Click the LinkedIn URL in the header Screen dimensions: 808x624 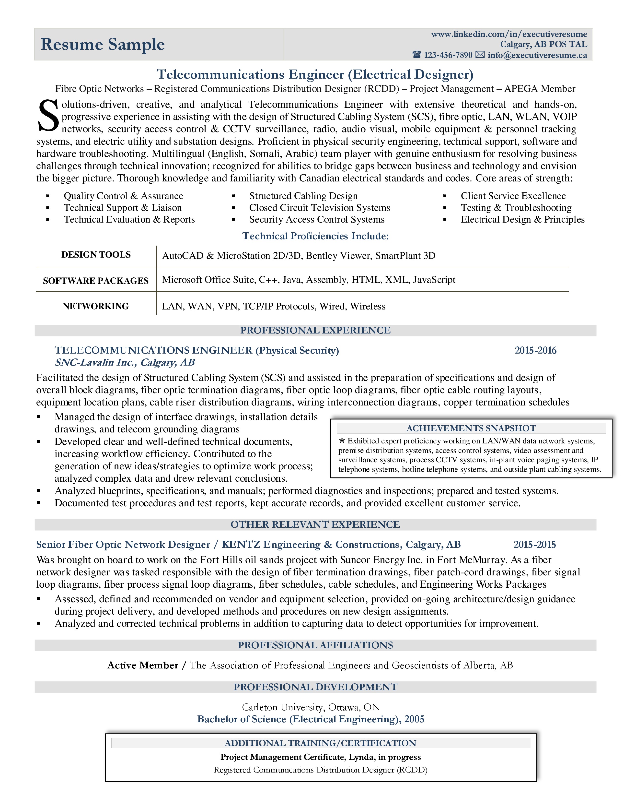point(509,34)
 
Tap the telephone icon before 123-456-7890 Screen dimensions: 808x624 point(417,55)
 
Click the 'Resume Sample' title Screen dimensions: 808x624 point(102,44)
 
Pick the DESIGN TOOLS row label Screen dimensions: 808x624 point(96,255)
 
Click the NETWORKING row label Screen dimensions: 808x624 point(96,306)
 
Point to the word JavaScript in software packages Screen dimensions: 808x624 point(434,280)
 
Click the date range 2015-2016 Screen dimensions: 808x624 point(535,350)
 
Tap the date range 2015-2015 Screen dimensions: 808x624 point(534,545)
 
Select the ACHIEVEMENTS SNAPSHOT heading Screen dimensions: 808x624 point(471,428)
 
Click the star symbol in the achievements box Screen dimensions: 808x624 point(342,441)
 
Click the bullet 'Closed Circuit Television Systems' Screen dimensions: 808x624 point(319,208)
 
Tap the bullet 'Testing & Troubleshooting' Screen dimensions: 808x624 point(516,208)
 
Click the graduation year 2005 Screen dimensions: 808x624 point(414,719)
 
